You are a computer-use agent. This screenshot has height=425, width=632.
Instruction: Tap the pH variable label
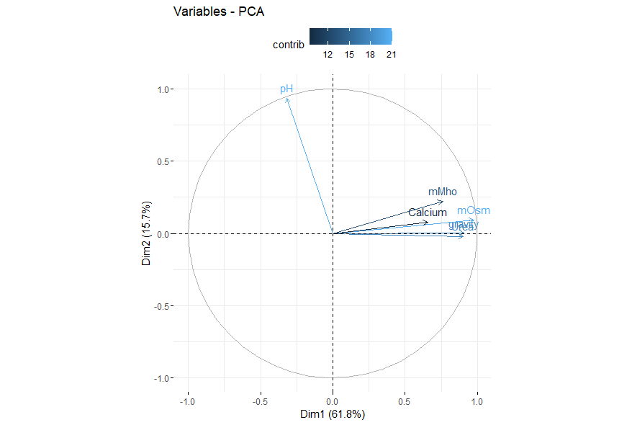coord(286,89)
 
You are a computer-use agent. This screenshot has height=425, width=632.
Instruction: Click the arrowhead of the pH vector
coord(286,99)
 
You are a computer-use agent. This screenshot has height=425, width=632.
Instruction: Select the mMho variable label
coord(442,192)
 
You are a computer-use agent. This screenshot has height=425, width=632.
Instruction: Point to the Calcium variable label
coord(428,212)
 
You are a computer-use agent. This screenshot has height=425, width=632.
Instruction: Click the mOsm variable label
coord(473,211)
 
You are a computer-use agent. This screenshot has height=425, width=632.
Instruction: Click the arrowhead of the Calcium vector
coord(427,223)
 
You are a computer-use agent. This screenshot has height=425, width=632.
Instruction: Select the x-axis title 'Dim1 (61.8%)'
coord(332,415)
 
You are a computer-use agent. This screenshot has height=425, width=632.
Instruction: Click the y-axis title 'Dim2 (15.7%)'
coord(147,233)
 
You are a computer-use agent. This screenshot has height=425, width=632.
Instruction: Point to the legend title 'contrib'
coord(288,45)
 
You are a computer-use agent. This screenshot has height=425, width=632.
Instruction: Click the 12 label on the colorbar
coord(328,55)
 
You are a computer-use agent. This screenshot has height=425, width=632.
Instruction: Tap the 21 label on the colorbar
coord(390,55)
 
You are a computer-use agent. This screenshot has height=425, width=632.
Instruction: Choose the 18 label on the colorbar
coord(369,55)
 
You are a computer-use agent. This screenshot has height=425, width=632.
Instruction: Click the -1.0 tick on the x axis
coord(188,401)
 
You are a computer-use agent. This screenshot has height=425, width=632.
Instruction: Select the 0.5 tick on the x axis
coord(405,401)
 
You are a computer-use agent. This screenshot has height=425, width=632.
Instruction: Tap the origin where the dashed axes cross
coord(333,233)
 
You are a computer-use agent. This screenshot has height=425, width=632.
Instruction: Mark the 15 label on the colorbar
coord(348,55)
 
